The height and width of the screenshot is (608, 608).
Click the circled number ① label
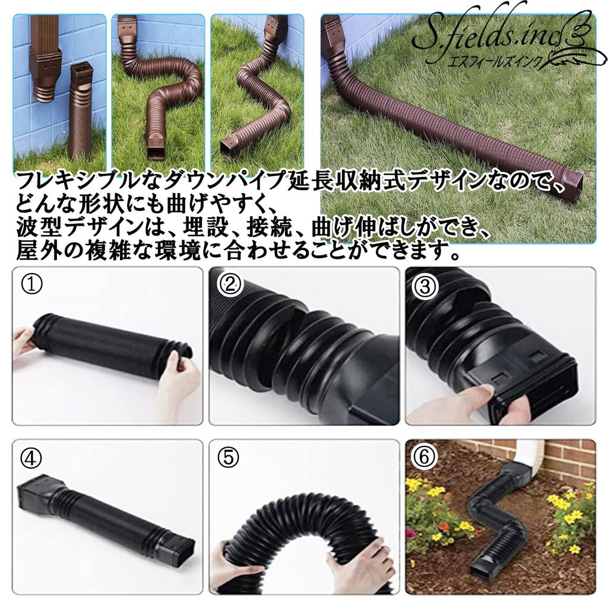[x=32, y=285]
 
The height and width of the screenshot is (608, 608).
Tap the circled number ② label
[x=230, y=285]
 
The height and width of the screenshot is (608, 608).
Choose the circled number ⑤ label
[x=229, y=458]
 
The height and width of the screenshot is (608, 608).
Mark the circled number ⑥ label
[x=424, y=457]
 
